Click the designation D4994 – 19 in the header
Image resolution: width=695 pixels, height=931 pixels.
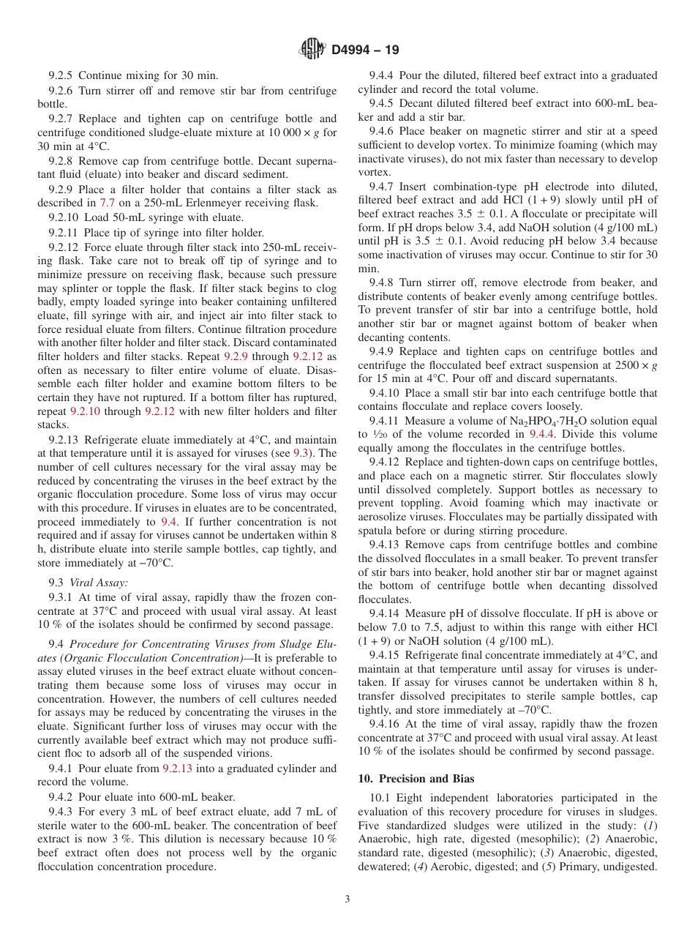365,51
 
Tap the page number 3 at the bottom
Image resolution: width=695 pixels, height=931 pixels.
347,900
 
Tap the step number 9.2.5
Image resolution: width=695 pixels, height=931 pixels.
61,75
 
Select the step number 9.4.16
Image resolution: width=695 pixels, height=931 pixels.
384,723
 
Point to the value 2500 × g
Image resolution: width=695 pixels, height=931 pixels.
633,365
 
